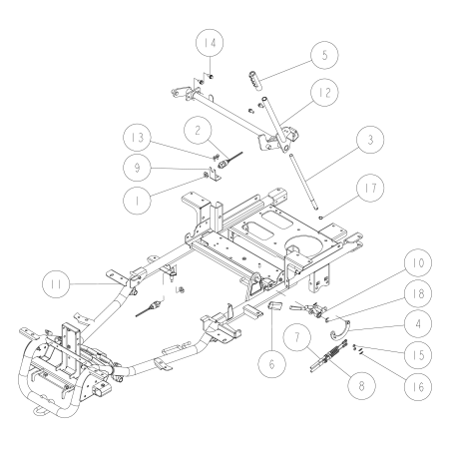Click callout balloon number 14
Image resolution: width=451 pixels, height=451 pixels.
(x=211, y=44)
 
